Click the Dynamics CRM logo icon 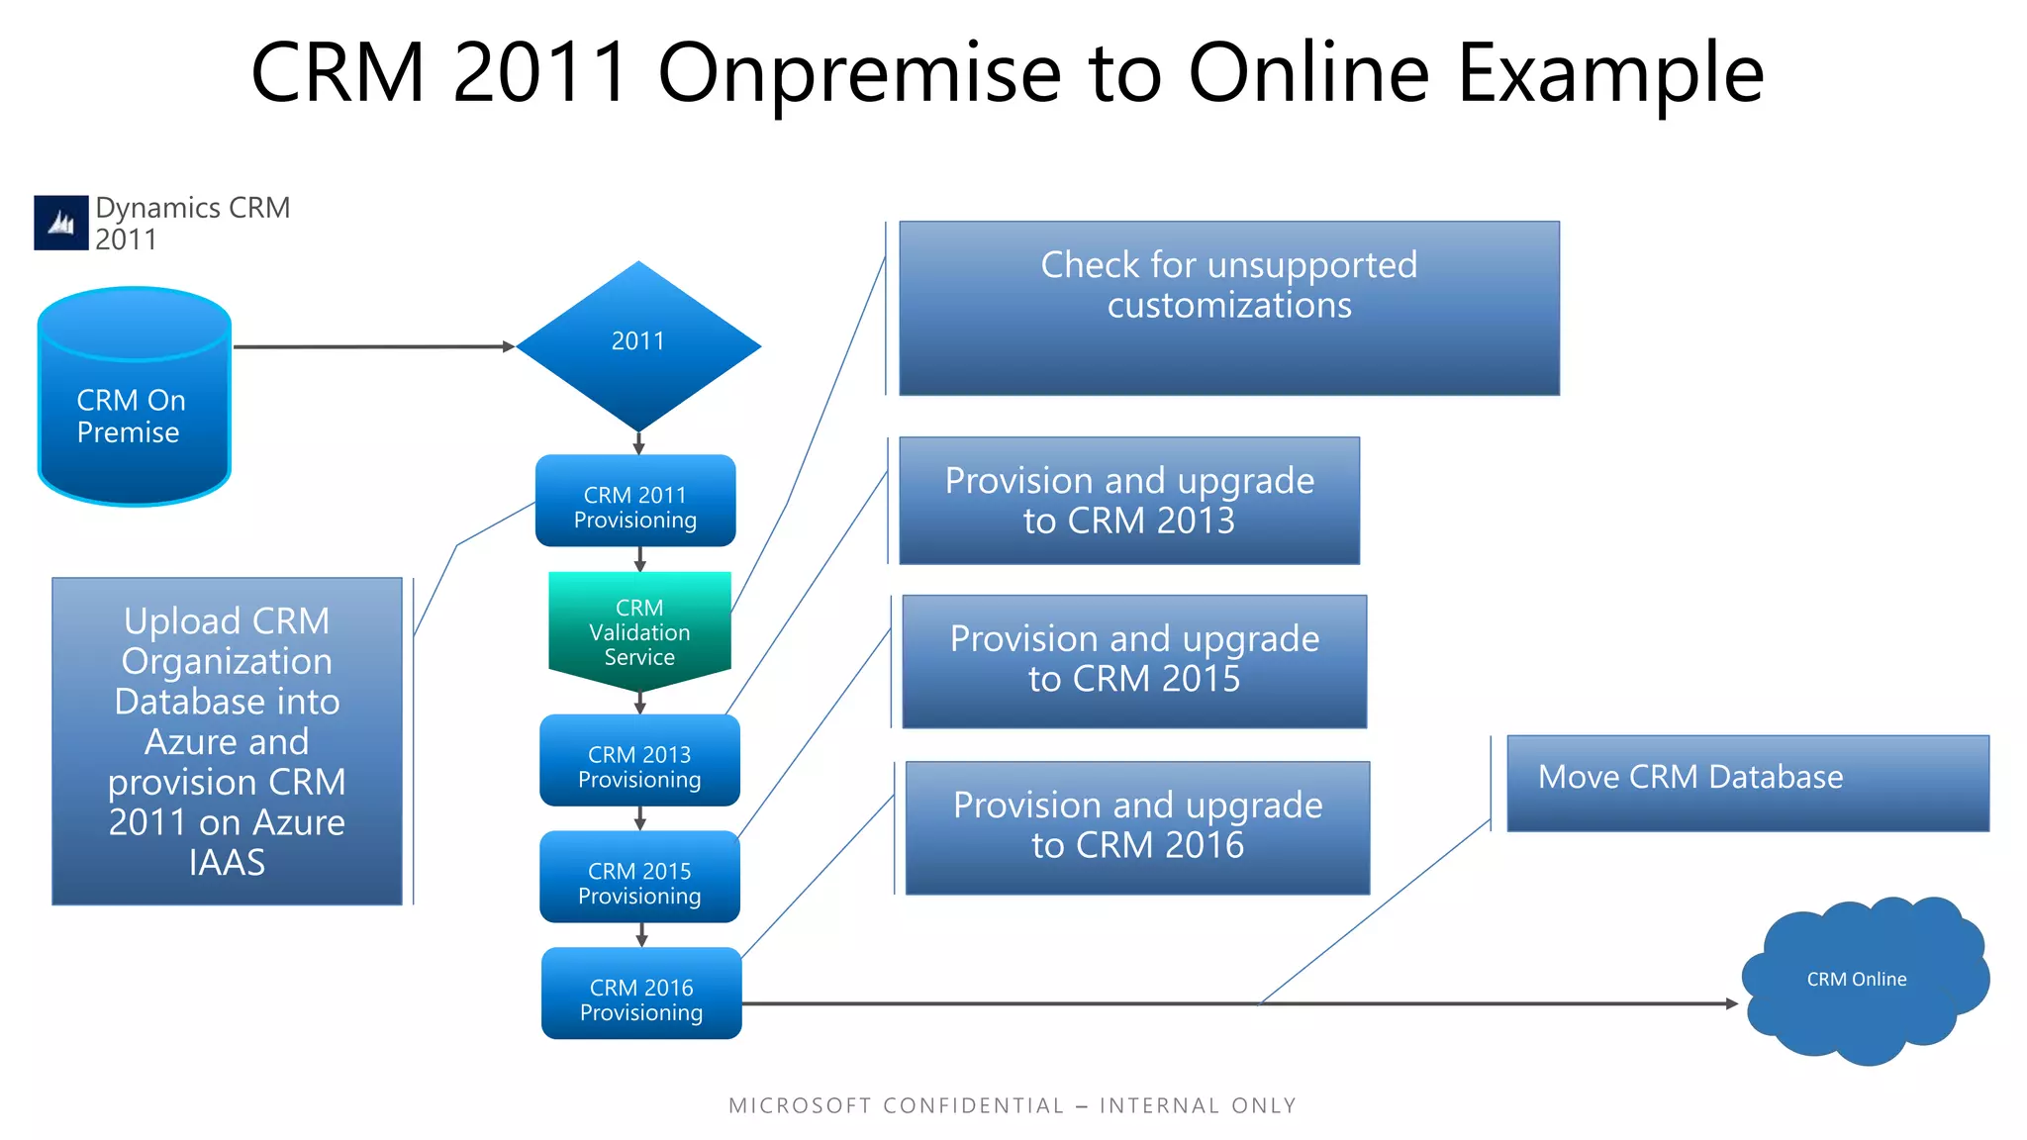[x=61, y=223]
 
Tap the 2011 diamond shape [x=638, y=344]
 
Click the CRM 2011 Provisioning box [x=635, y=502]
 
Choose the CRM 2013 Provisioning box [x=639, y=761]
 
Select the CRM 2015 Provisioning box [x=639, y=878]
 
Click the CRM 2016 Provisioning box [x=641, y=994]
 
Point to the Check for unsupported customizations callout [x=1228, y=308]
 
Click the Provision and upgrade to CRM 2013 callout [x=1128, y=501]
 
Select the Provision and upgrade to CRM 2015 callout [x=1134, y=661]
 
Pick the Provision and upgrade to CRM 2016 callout [x=1137, y=827]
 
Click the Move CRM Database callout [x=1747, y=783]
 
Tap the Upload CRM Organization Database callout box [x=227, y=741]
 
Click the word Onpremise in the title [x=859, y=73]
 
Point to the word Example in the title [x=1610, y=73]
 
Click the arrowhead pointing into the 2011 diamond [x=509, y=346]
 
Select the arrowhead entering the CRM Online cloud [x=1732, y=1003]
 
